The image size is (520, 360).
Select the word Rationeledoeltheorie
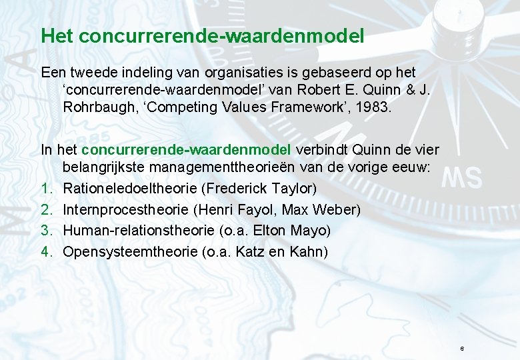pyautogui.click(x=129, y=189)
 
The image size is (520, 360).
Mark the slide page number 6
pyautogui.click(x=461, y=349)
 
